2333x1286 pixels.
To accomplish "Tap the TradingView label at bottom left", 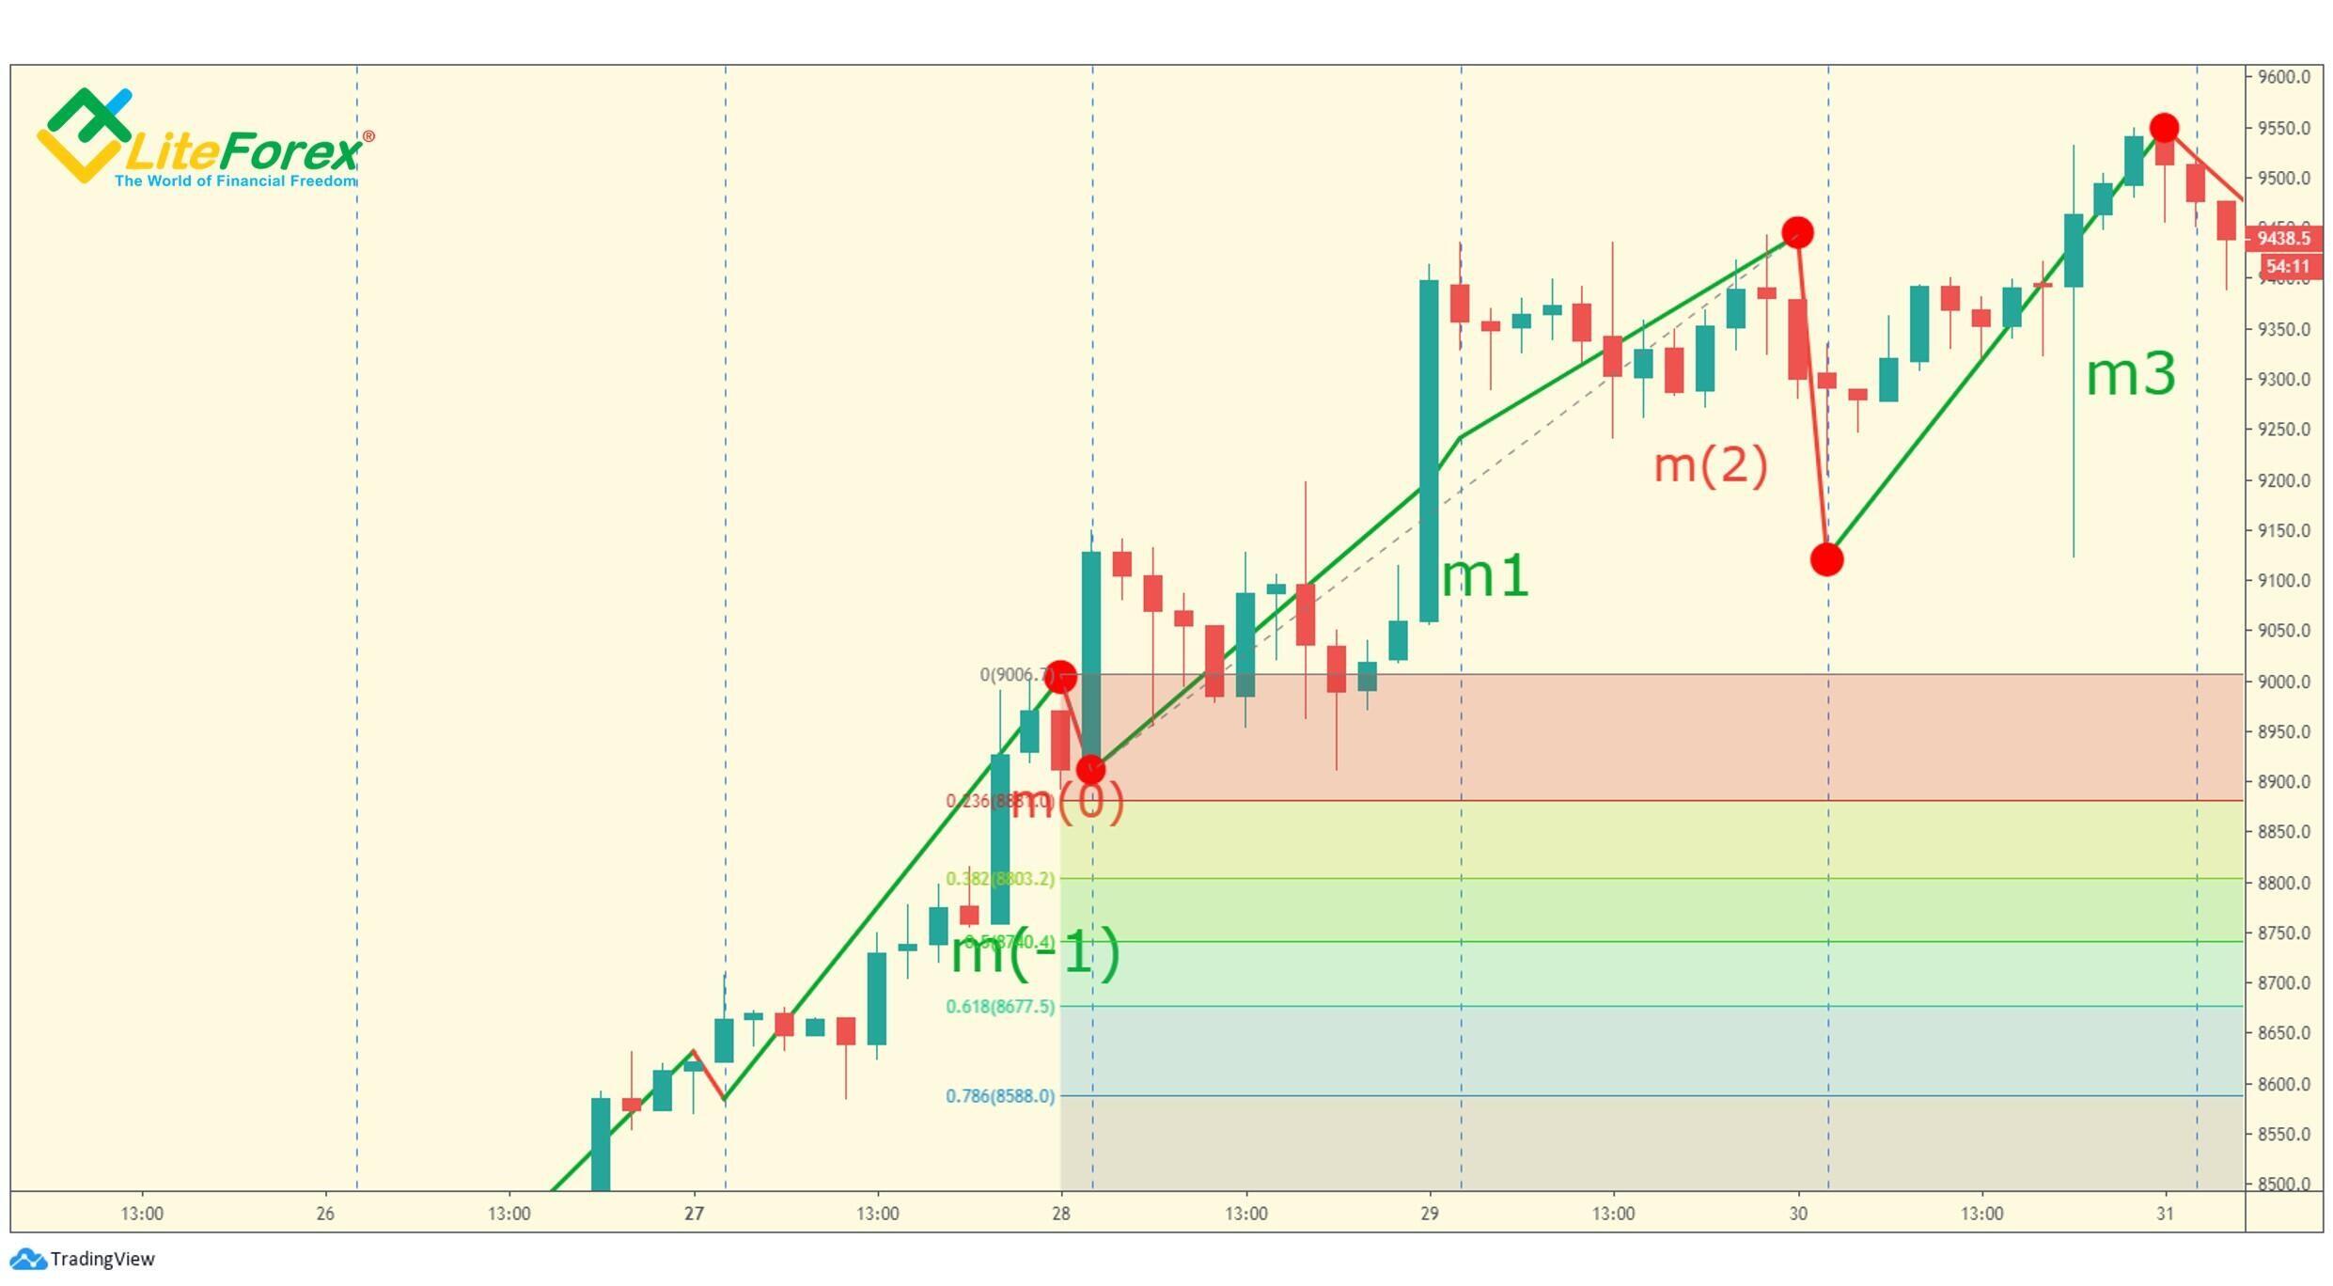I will (x=102, y=1260).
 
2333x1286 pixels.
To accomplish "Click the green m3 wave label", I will (x=2130, y=375).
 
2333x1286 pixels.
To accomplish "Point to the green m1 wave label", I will (x=1484, y=576).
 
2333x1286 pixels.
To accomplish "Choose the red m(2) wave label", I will (x=1710, y=465).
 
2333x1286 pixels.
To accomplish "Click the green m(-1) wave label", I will (x=1035, y=953).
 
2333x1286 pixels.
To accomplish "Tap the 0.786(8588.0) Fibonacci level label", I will (x=999, y=1096).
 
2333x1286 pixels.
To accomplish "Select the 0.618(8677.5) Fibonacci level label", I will (x=999, y=1007).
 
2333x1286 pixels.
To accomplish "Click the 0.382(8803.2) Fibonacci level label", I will (x=999, y=879).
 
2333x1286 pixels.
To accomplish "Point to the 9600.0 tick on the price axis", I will (x=2283, y=77).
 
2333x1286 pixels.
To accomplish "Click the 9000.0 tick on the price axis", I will (x=2283, y=682).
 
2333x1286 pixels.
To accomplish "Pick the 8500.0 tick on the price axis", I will (x=2283, y=1184).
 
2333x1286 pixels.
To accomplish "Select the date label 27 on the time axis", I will (x=694, y=1214).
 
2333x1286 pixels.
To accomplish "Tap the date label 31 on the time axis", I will (x=2165, y=1214).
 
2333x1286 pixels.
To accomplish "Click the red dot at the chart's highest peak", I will (x=2164, y=128).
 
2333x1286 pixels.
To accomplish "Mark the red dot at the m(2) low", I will (x=1826, y=560).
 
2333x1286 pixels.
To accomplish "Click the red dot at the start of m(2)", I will (x=1797, y=232).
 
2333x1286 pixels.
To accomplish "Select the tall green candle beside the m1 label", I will (x=1428, y=451).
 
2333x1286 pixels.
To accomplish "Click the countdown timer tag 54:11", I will (x=2287, y=267).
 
